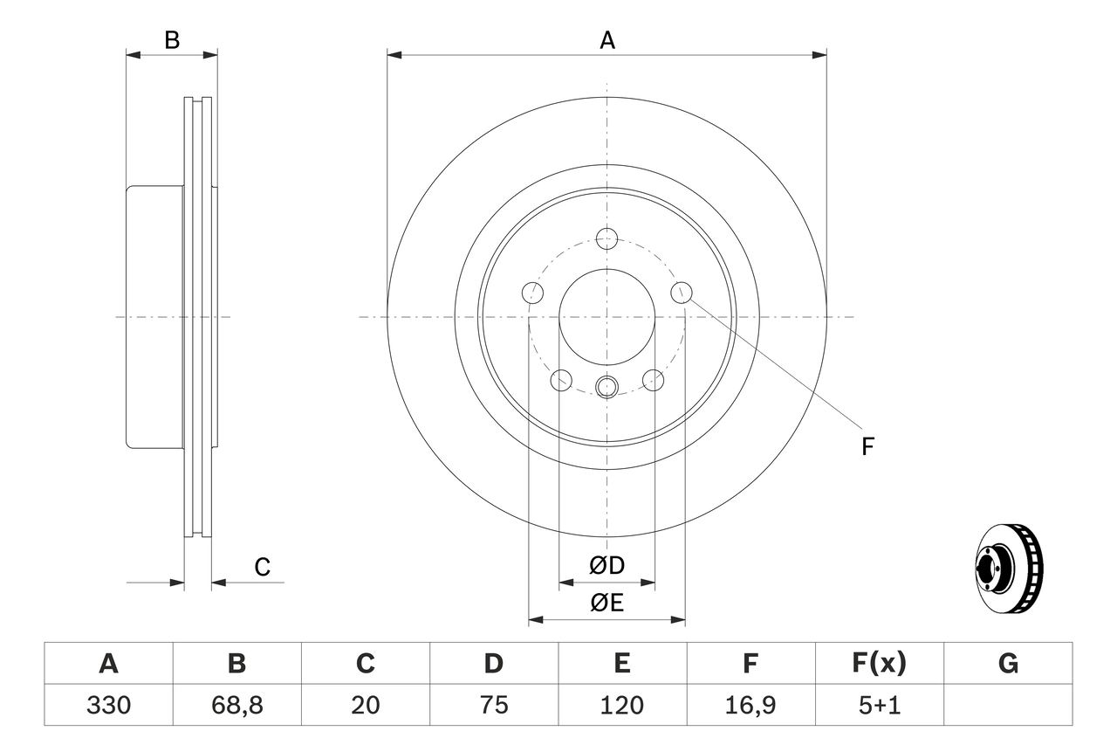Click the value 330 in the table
tap(108, 705)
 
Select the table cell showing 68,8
tap(236, 705)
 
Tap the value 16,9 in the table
tap(750, 705)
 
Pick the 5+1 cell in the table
tap(879, 705)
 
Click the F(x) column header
tap(879, 664)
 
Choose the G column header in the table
tap(1008, 664)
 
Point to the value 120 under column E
tap(622, 705)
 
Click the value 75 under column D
tap(494, 705)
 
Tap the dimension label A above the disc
tap(606, 40)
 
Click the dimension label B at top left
tap(172, 40)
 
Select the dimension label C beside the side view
tap(262, 568)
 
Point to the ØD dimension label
tap(607, 566)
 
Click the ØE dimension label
tap(607, 603)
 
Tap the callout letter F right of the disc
tap(867, 447)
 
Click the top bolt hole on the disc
tap(606, 238)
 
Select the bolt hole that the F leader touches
tap(681, 293)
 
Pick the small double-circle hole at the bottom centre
tap(606, 385)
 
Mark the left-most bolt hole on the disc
tap(531, 293)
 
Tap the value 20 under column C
tap(365, 705)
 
